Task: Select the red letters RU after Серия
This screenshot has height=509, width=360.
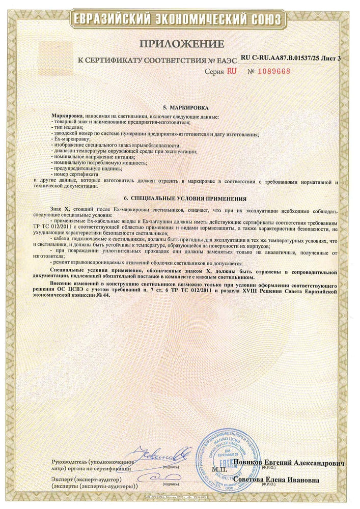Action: [x=232, y=71]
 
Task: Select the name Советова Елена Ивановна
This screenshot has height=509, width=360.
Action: [x=284, y=479]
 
